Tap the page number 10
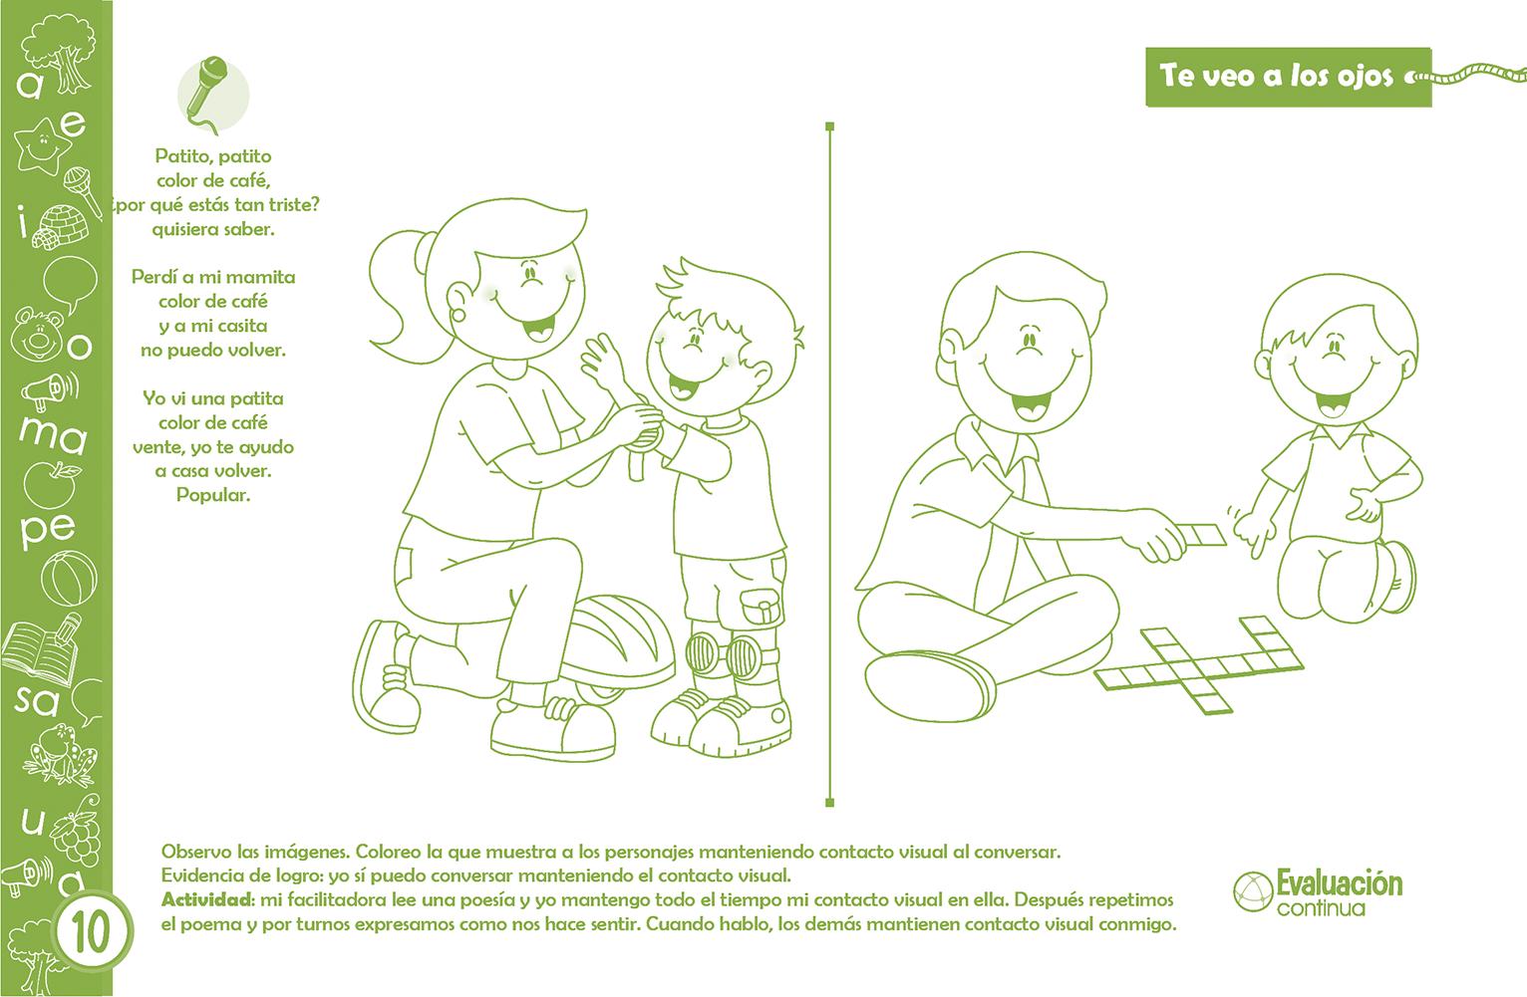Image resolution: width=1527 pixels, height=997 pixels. click(x=90, y=933)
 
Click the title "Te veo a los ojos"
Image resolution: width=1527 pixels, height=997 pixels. click(x=1277, y=77)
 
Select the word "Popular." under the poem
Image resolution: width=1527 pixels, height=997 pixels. click(x=213, y=495)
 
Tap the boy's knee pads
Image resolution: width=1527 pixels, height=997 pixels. click(x=730, y=653)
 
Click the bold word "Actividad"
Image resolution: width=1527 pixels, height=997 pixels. click(x=207, y=899)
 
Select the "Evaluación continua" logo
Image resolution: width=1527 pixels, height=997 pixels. click(x=1318, y=891)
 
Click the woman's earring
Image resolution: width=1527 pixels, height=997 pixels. click(x=458, y=315)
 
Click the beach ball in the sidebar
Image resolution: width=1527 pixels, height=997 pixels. click(x=69, y=578)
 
